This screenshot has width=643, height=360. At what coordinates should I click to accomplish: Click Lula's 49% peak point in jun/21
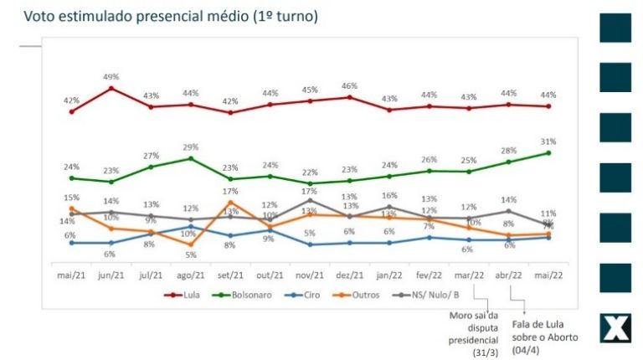(111, 88)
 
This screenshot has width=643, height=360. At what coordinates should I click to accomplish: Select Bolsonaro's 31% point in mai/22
(548, 152)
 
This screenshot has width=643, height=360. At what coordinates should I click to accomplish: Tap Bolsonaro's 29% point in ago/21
(191, 158)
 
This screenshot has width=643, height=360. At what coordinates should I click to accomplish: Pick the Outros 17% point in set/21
(230, 202)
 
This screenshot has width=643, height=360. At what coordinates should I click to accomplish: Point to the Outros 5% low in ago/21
(191, 244)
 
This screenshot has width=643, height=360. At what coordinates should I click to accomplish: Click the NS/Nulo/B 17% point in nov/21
(310, 200)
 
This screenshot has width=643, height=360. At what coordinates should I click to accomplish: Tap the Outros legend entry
(358, 295)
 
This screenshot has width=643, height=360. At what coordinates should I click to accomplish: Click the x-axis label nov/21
(310, 274)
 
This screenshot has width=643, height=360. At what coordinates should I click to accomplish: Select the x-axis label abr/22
(508, 274)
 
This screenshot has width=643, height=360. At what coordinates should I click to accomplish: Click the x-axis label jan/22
(389, 274)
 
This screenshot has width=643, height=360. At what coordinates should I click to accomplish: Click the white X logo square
(615, 328)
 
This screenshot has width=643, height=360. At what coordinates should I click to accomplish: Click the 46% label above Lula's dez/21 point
(350, 86)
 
